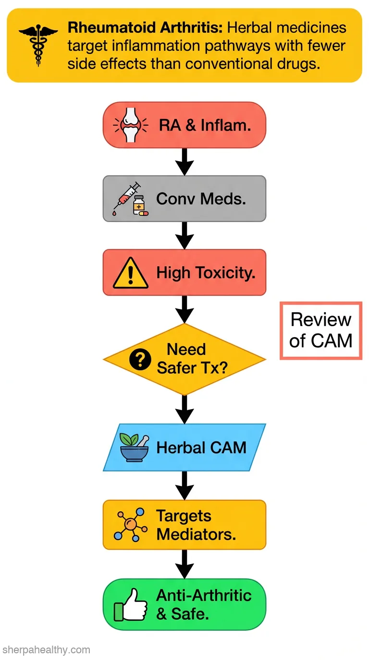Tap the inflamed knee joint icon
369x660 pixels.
tap(131, 125)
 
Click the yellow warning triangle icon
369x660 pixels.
tap(131, 272)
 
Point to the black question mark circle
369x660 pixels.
tap(140, 359)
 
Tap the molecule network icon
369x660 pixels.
tap(131, 525)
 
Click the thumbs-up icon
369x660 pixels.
tap(131, 605)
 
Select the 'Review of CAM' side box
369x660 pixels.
tap(321, 330)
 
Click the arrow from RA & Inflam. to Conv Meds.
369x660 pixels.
tap(184, 162)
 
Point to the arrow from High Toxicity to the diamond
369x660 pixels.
tap(184, 309)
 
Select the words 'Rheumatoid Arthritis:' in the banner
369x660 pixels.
tap(145, 28)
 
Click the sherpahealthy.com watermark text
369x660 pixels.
tap(46, 649)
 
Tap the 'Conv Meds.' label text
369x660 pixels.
tap(201, 199)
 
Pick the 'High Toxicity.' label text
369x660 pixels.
tap(206, 273)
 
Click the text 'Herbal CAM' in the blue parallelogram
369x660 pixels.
tap(201, 448)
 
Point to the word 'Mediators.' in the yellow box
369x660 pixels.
tap(197, 534)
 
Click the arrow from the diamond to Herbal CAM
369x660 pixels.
tap(184, 410)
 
